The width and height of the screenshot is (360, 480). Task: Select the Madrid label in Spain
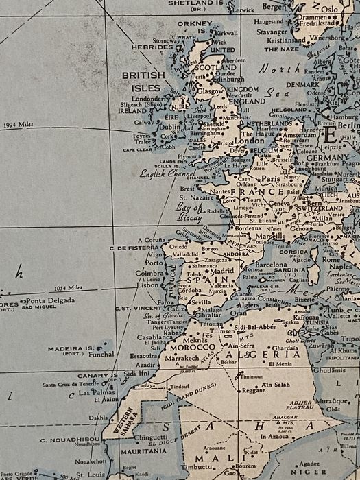pyautogui.click(x=221, y=271)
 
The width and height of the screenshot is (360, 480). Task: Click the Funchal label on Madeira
pyautogui.click(x=101, y=355)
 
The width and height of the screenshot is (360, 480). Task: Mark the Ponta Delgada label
pyautogui.click(x=51, y=300)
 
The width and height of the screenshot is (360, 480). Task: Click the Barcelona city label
pyautogui.click(x=271, y=264)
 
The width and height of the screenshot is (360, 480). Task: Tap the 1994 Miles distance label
pyautogui.click(x=19, y=125)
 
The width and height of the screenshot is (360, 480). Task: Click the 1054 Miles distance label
pyautogui.click(x=69, y=288)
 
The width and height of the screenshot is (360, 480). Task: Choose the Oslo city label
pyautogui.click(x=330, y=10)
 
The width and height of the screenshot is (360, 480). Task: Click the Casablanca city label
pyautogui.click(x=154, y=337)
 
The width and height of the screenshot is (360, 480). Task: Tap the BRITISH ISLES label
pyautogui.click(x=143, y=81)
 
